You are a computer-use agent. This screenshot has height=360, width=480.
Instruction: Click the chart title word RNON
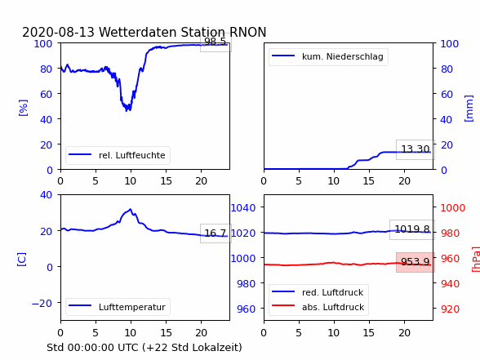[247, 32]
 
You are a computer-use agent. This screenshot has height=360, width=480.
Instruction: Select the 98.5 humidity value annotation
[216, 42]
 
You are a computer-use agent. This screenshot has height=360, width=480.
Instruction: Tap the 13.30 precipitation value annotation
[415, 149]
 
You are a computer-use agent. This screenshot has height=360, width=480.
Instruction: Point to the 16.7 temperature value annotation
[216, 233]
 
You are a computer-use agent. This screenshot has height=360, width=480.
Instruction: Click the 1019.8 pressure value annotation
[412, 229]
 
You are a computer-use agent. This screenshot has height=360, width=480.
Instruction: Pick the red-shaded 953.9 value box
[415, 262]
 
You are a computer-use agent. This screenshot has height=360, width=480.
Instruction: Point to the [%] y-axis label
[23, 108]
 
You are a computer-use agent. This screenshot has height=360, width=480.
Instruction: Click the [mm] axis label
[469, 109]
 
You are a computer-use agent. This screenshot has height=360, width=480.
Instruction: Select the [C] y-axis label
[22, 260]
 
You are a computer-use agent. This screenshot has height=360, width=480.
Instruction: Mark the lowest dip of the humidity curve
[127, 111]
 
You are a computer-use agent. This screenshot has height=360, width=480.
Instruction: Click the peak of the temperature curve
[131, 209]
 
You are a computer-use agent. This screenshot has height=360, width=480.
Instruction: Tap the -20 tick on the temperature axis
[42, 303]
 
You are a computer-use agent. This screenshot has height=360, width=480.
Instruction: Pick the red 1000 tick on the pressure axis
[453, 208]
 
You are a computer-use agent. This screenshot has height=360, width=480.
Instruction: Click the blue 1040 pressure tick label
[243, 208]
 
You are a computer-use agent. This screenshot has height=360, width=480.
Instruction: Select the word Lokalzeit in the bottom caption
[221, 348]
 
